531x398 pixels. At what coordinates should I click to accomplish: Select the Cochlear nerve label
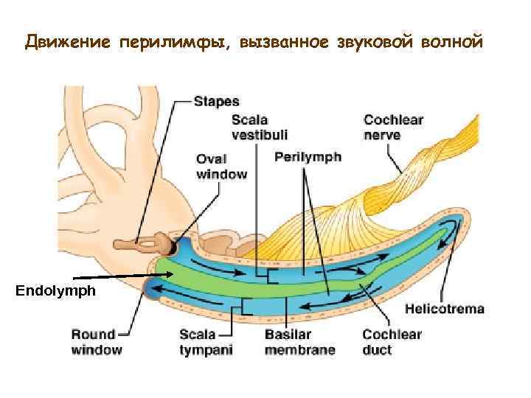pyautogui.click(x=393, y=127)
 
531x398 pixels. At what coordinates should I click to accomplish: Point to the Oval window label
pyautogui.click(x=221, y=166)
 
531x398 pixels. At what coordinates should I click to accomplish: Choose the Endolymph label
pyautogui.click(x=55, y=291)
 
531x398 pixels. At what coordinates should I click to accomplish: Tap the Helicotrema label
pyautogui.click(x=445, y=309)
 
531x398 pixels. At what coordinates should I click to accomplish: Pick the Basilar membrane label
pyautogui.click(x=299, y=342)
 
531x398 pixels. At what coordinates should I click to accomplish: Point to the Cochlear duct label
pyautogui.click(x=392, y=342)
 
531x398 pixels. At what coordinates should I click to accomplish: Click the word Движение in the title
pyautogui.click(x=67, y=42)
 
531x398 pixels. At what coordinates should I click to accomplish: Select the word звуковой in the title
pyautogui.click(x=373, y=42)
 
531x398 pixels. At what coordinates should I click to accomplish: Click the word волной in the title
pyautogui.click(x=453, y=42)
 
